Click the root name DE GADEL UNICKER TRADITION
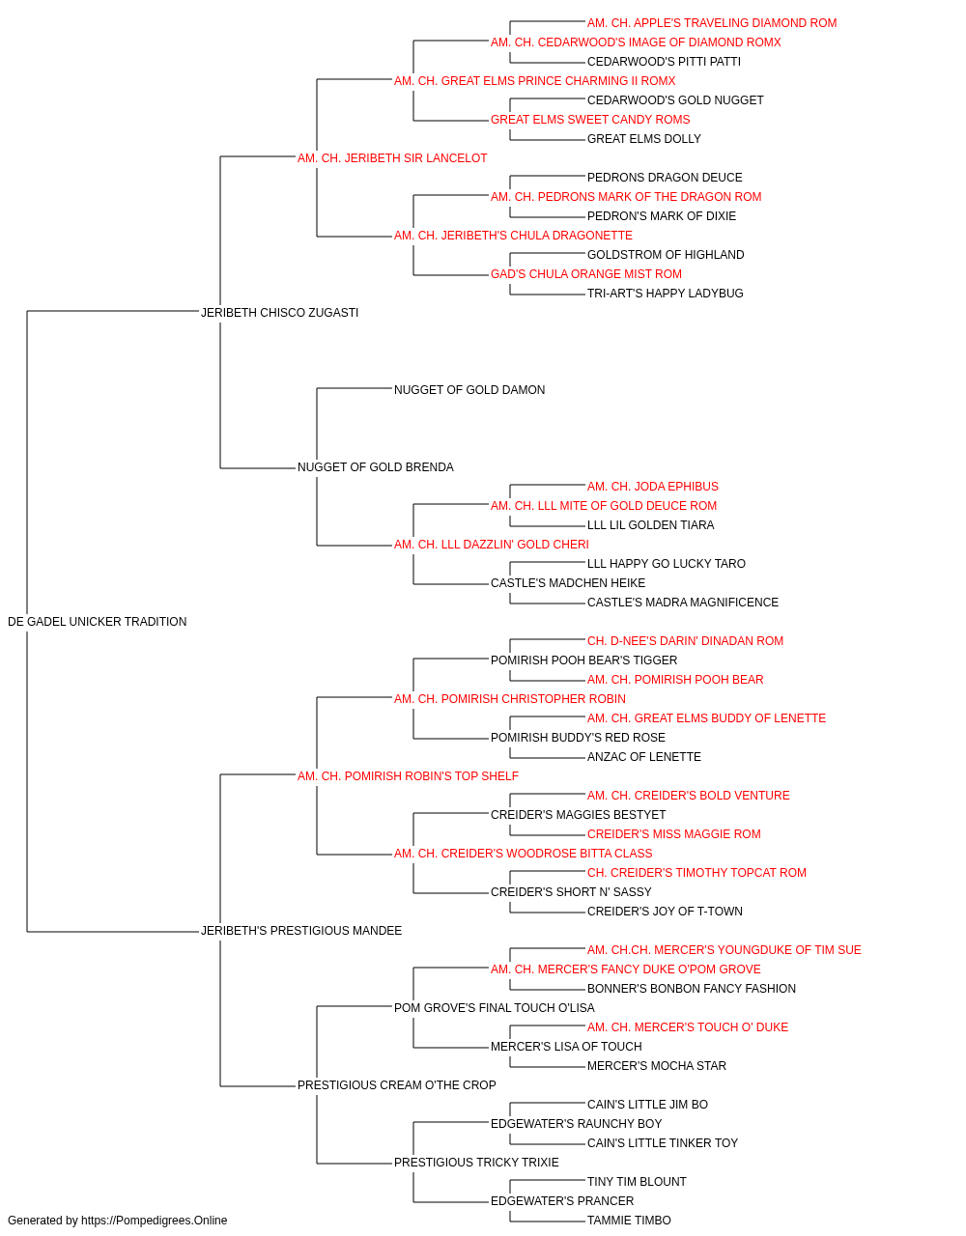(97, 622)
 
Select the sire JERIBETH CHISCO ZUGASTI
(279, 313)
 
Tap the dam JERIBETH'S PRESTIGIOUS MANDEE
(301, 931)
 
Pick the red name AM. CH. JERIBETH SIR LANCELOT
(392, 158)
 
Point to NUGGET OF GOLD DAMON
(469, 390)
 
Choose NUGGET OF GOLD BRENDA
(376, 467)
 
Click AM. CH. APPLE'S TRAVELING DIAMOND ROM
(712, 23)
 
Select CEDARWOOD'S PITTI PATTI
(664, 62)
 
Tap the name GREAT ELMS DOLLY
(644, 139)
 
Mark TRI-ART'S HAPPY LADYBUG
(665, 294)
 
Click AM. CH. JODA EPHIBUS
(653, 487)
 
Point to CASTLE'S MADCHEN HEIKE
(568, 583)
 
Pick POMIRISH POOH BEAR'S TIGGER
(583, 660)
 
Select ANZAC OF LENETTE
(644, 757)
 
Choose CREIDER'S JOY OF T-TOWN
(665, 912)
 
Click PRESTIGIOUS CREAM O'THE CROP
(396, 1085)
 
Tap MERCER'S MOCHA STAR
(657, 1066)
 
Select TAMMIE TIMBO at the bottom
(629, 1221)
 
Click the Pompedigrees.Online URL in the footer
(154, 1221)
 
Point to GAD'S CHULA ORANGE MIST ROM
(586, 274)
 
